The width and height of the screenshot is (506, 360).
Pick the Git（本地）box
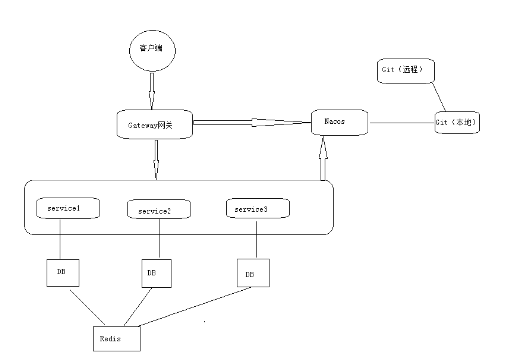457,122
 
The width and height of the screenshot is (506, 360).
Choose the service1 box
69,208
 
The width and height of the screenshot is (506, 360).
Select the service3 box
257,208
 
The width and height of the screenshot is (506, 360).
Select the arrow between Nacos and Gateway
252,122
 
